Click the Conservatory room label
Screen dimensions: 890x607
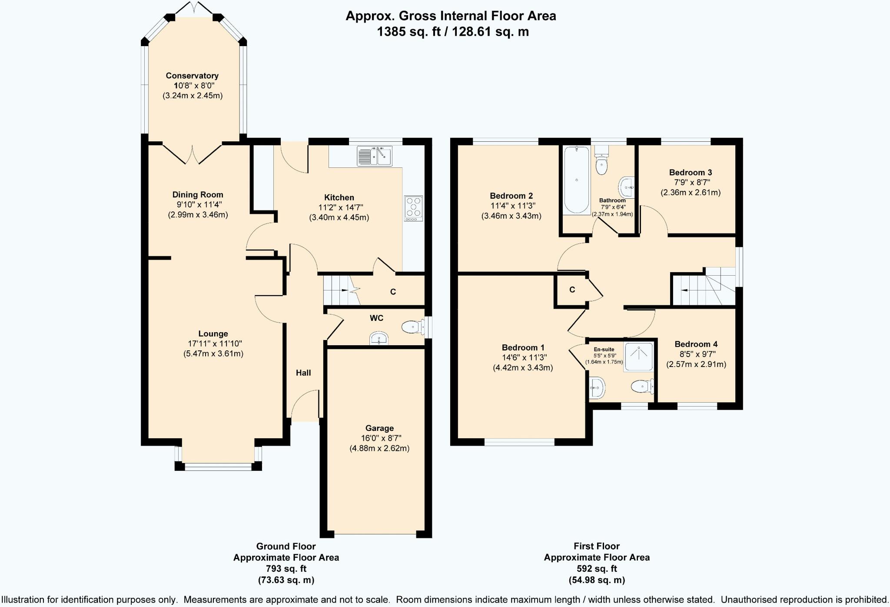coord(192,76)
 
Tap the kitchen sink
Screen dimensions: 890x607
coord(375,156)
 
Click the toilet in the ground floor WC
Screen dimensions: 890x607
coord(413,327)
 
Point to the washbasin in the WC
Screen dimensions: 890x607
coord(379,338)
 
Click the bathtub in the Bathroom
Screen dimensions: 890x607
coord(576,180)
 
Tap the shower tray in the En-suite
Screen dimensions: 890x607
coord(638,357)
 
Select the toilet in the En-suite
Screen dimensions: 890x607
coord(642,386)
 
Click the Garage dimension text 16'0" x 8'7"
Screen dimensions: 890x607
coord(379,438)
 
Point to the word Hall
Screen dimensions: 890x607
coord(303,373)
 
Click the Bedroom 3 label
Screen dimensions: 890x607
coord(691,173)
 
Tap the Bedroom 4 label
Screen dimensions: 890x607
coord(696,344)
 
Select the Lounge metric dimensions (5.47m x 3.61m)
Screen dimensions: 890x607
coord(213,354)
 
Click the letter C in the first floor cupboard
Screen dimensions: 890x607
coord(572,290)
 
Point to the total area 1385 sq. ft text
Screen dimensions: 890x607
coord(410,32)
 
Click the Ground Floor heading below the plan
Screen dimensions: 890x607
coord(286,546)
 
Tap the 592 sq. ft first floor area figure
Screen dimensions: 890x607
coord(597,569)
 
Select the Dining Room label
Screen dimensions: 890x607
coord(198,195)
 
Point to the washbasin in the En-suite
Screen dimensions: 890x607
coord(597,387)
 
